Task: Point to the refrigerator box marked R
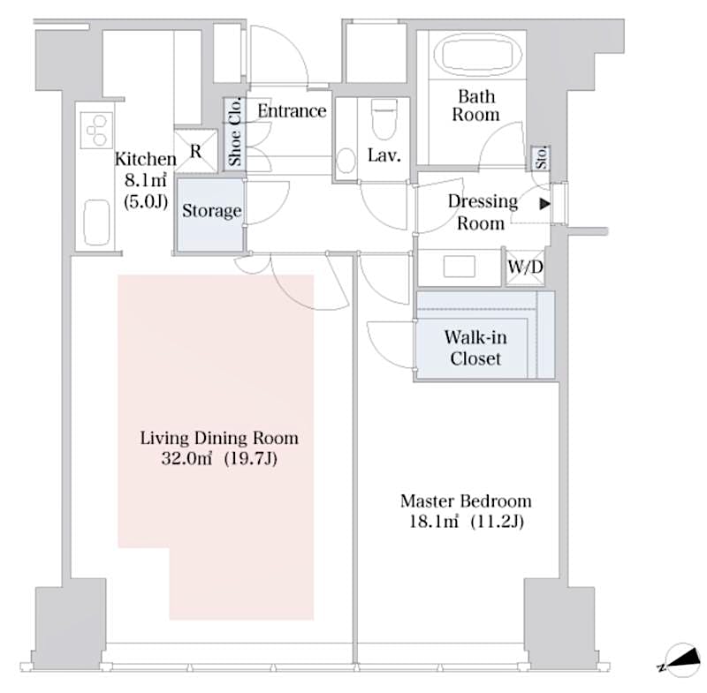(195, 151)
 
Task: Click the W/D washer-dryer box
(525, 267)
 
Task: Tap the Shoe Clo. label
(236, 132)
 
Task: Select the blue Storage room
(211, 212)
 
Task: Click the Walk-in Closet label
(475, 348)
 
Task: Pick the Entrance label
(292, 111)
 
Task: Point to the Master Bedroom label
(466, 501)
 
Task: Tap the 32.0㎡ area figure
(177, 458)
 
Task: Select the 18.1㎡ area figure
(427, 522)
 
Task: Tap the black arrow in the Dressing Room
(544, 205)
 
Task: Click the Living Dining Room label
(219, 438)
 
